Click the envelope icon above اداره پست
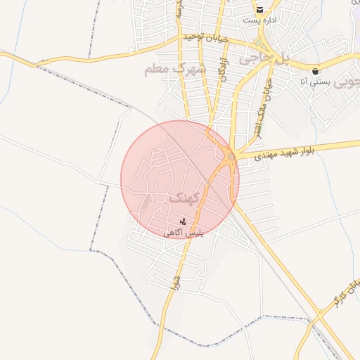(259, 10)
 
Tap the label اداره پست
(259, 20)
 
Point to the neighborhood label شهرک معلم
(174, 69)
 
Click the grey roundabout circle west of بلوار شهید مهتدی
(231, 156)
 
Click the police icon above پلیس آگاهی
(182, 221)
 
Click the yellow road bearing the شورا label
(168, 302)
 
